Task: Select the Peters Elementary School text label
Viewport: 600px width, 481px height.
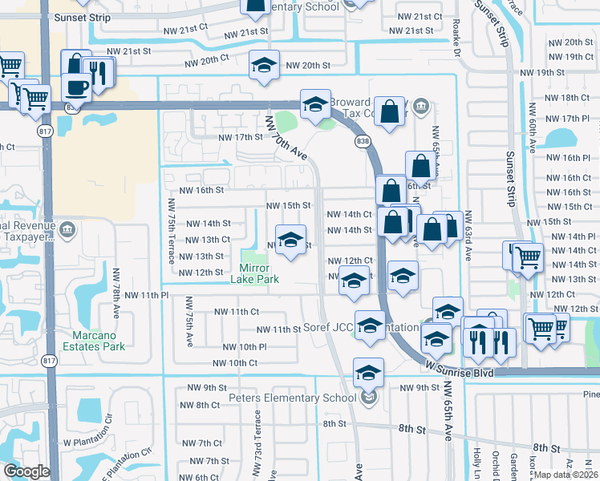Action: click(x=292, y=398)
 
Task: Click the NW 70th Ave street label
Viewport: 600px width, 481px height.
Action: click(x=287, y=136)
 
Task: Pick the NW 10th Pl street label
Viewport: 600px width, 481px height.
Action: click(x=240, y=347)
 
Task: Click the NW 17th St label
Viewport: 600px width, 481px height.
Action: click(x=241, y=137)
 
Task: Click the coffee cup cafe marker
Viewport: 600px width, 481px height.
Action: click(x=77, y=87)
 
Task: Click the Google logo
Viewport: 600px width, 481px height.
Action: click(x=26, y=471)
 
